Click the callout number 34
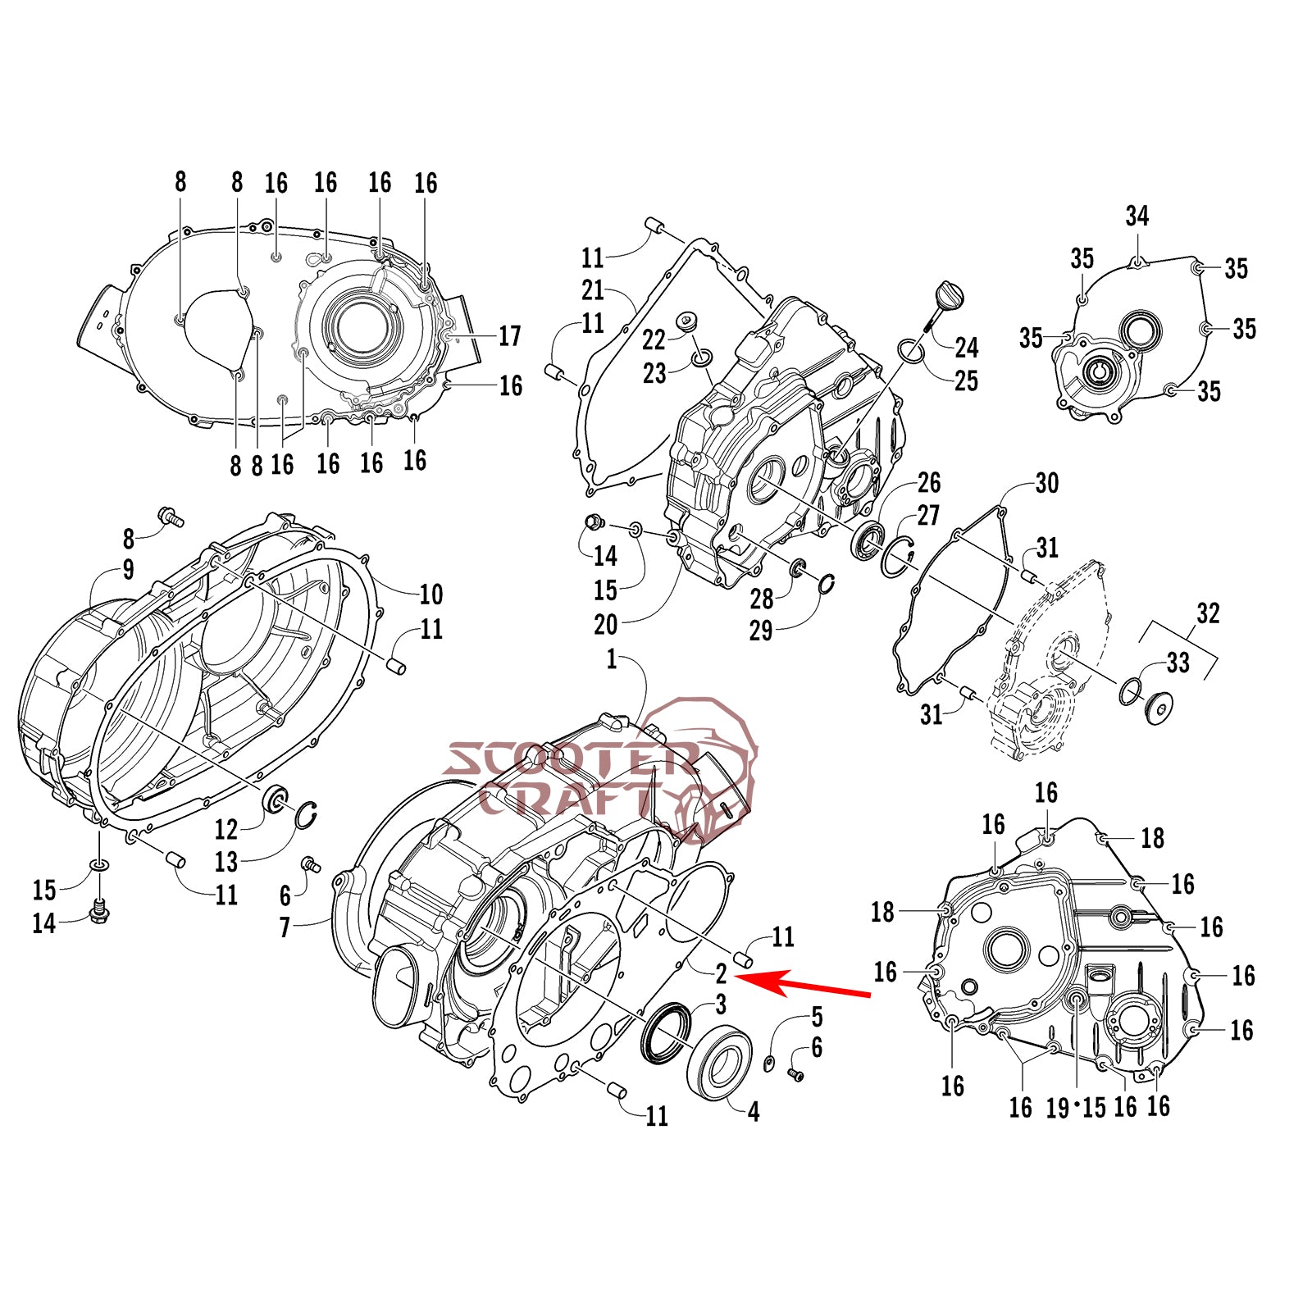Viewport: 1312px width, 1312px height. [x=1137, y=216]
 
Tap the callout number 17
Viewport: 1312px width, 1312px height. [x=509, y=336]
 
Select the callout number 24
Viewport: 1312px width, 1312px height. [x=966, y=348]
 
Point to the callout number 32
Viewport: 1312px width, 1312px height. [x=1208, y=613]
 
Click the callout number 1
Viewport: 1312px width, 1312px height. [x=612, y=659]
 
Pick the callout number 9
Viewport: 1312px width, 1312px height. [x=128, y=570]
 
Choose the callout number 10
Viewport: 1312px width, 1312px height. [x=430, y=594]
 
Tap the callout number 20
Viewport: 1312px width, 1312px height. [x=605, y=625]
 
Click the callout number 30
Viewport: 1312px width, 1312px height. [x=1046, y=483]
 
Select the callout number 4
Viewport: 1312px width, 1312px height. [x=754, y=1112]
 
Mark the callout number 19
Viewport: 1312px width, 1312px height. [x=1057, y=1108]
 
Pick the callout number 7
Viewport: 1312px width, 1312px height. [x=285, y=927]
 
